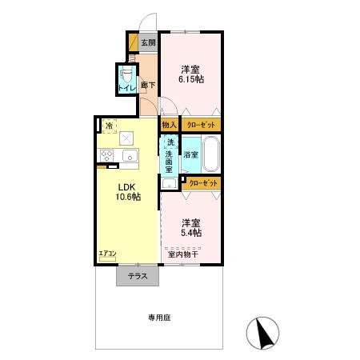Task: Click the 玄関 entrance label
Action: pyautogui.click(x=148, y=42)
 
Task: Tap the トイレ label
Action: pyautogui.click(x=126, y=88)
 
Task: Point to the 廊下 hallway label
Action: pyautogui.click(x=147, y=85)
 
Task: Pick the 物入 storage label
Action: pyautogui.click(x=169, y=125)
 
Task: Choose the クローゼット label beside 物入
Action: pyautogui.click(x=200, y=125)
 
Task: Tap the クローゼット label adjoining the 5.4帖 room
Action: pyautogui.click(x=203, y=184)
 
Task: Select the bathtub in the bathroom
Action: pyautogui.click(x=211, y=154)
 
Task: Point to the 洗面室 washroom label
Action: pyautogui.click(x=170, y=156)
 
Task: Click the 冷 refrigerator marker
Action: pyautogui.click(x=107, y=125)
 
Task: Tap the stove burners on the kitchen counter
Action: pyautogui.click(x=106, y=156)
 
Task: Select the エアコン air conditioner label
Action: pyautogui.click(x=107, y=254)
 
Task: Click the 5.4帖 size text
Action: pyautogui.click(x=190, y=233)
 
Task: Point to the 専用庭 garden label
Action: pyautogui.click(x=159, y=318)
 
